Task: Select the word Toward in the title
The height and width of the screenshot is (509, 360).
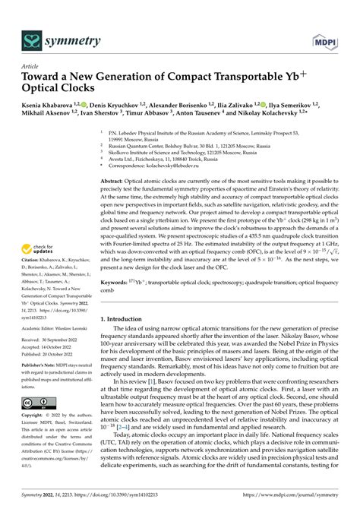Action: pyautogui.click(x=48, y=77)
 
